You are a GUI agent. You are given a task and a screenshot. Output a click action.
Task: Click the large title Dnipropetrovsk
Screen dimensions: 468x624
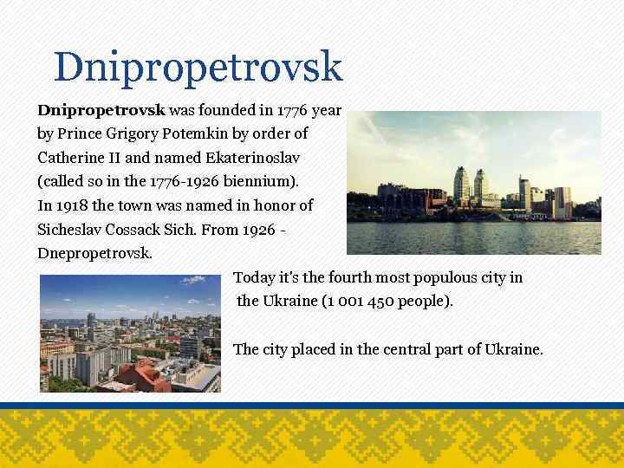(198, 67)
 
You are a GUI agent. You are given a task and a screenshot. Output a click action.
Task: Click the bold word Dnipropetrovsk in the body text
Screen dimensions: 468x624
(101, 111)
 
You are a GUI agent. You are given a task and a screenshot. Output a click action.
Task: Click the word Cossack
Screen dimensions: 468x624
(145, 230)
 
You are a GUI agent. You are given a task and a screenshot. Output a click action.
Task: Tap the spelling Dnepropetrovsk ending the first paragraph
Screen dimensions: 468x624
(94, 254)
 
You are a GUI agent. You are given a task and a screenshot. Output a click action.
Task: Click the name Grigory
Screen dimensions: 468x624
(120, 134)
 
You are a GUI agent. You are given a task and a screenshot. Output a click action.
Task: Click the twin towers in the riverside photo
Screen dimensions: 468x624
(471, 185)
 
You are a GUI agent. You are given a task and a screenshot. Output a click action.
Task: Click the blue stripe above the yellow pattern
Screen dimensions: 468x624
(312, 405)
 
